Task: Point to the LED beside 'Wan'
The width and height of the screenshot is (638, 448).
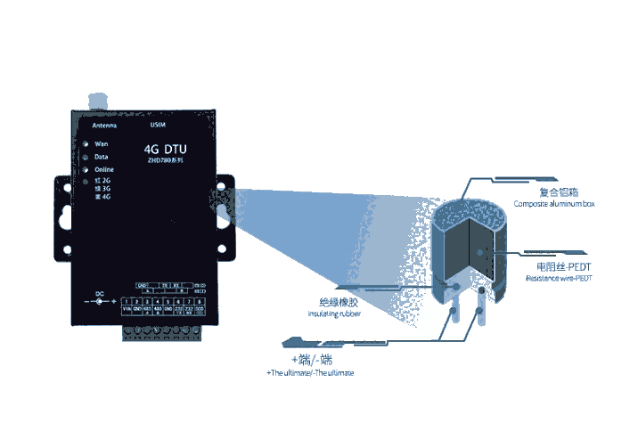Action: pos(86,143)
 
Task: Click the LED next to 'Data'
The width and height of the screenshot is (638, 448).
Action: pos(86,156)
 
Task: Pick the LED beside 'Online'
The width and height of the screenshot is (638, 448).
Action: pos(86,169)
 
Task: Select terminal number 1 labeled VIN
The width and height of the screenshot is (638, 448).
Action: pos(126,309)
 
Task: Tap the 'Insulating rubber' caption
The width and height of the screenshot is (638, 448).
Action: pos(333,314)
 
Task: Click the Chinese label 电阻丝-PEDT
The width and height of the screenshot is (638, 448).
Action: pos(559,266)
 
